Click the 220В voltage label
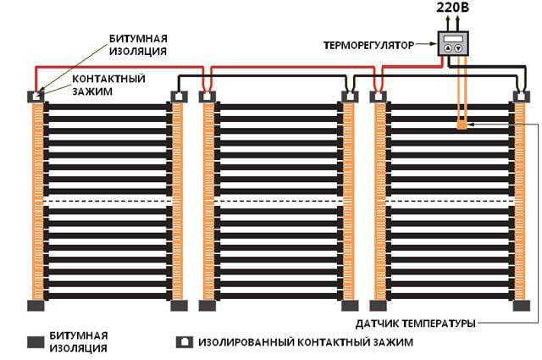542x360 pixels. (452, 7)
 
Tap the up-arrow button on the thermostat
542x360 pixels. (448, 48)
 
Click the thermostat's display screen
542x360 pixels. (453, 38)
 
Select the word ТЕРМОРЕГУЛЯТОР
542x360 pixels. (369, 45)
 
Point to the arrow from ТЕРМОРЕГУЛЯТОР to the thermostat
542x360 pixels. (426, 44)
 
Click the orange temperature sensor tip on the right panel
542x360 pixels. (462, 124)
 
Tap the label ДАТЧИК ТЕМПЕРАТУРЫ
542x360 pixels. (416, 324)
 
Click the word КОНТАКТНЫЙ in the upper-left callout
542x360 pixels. (108, 79)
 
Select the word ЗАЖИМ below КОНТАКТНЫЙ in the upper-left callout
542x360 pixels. (92, 91)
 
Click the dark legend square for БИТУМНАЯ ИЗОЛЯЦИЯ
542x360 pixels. (36, 341)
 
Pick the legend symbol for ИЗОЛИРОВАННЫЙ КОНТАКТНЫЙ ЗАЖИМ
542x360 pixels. (185, 342)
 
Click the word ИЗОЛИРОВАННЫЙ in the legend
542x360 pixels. (246, 342)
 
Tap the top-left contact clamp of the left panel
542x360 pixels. (36, 97)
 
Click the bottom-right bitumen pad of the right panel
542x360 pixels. (522, 305)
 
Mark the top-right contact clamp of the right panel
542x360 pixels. (522, 97)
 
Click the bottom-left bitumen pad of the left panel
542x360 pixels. (36, 305)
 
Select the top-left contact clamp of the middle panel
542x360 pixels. (207, 97)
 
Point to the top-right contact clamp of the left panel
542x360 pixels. (180, 97)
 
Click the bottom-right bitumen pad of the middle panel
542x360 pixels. (350, 305)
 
